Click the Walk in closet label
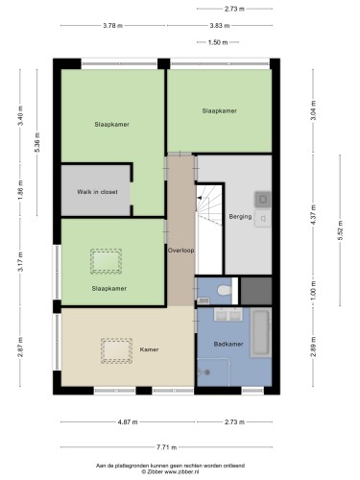click(x=97, y=192)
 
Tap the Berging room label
click(x=240, y=217)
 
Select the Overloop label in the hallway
click(x=181, y=251)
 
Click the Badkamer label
click(x=228, y=344)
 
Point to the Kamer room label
click(x=149, y=349)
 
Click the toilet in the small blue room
click(x=225, y=291)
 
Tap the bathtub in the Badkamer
click(x=261, y=332)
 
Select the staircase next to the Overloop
click(x=209, y=229)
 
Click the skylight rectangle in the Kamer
click(x=117, y=350)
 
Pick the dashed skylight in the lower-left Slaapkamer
click(x=106, y=261)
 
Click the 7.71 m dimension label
click(x=167, y=447)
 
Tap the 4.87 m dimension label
click(x=128, y=422)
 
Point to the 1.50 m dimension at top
click(x=218, y=42)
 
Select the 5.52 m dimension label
click(x=340, y=230)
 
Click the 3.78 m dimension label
click(x=112, y=26)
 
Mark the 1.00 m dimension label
click(x=313, y=290)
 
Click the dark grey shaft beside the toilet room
click(x=256, y=291)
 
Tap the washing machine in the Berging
click(x=263, y=200)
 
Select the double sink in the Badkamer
click(x=228, y=314)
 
